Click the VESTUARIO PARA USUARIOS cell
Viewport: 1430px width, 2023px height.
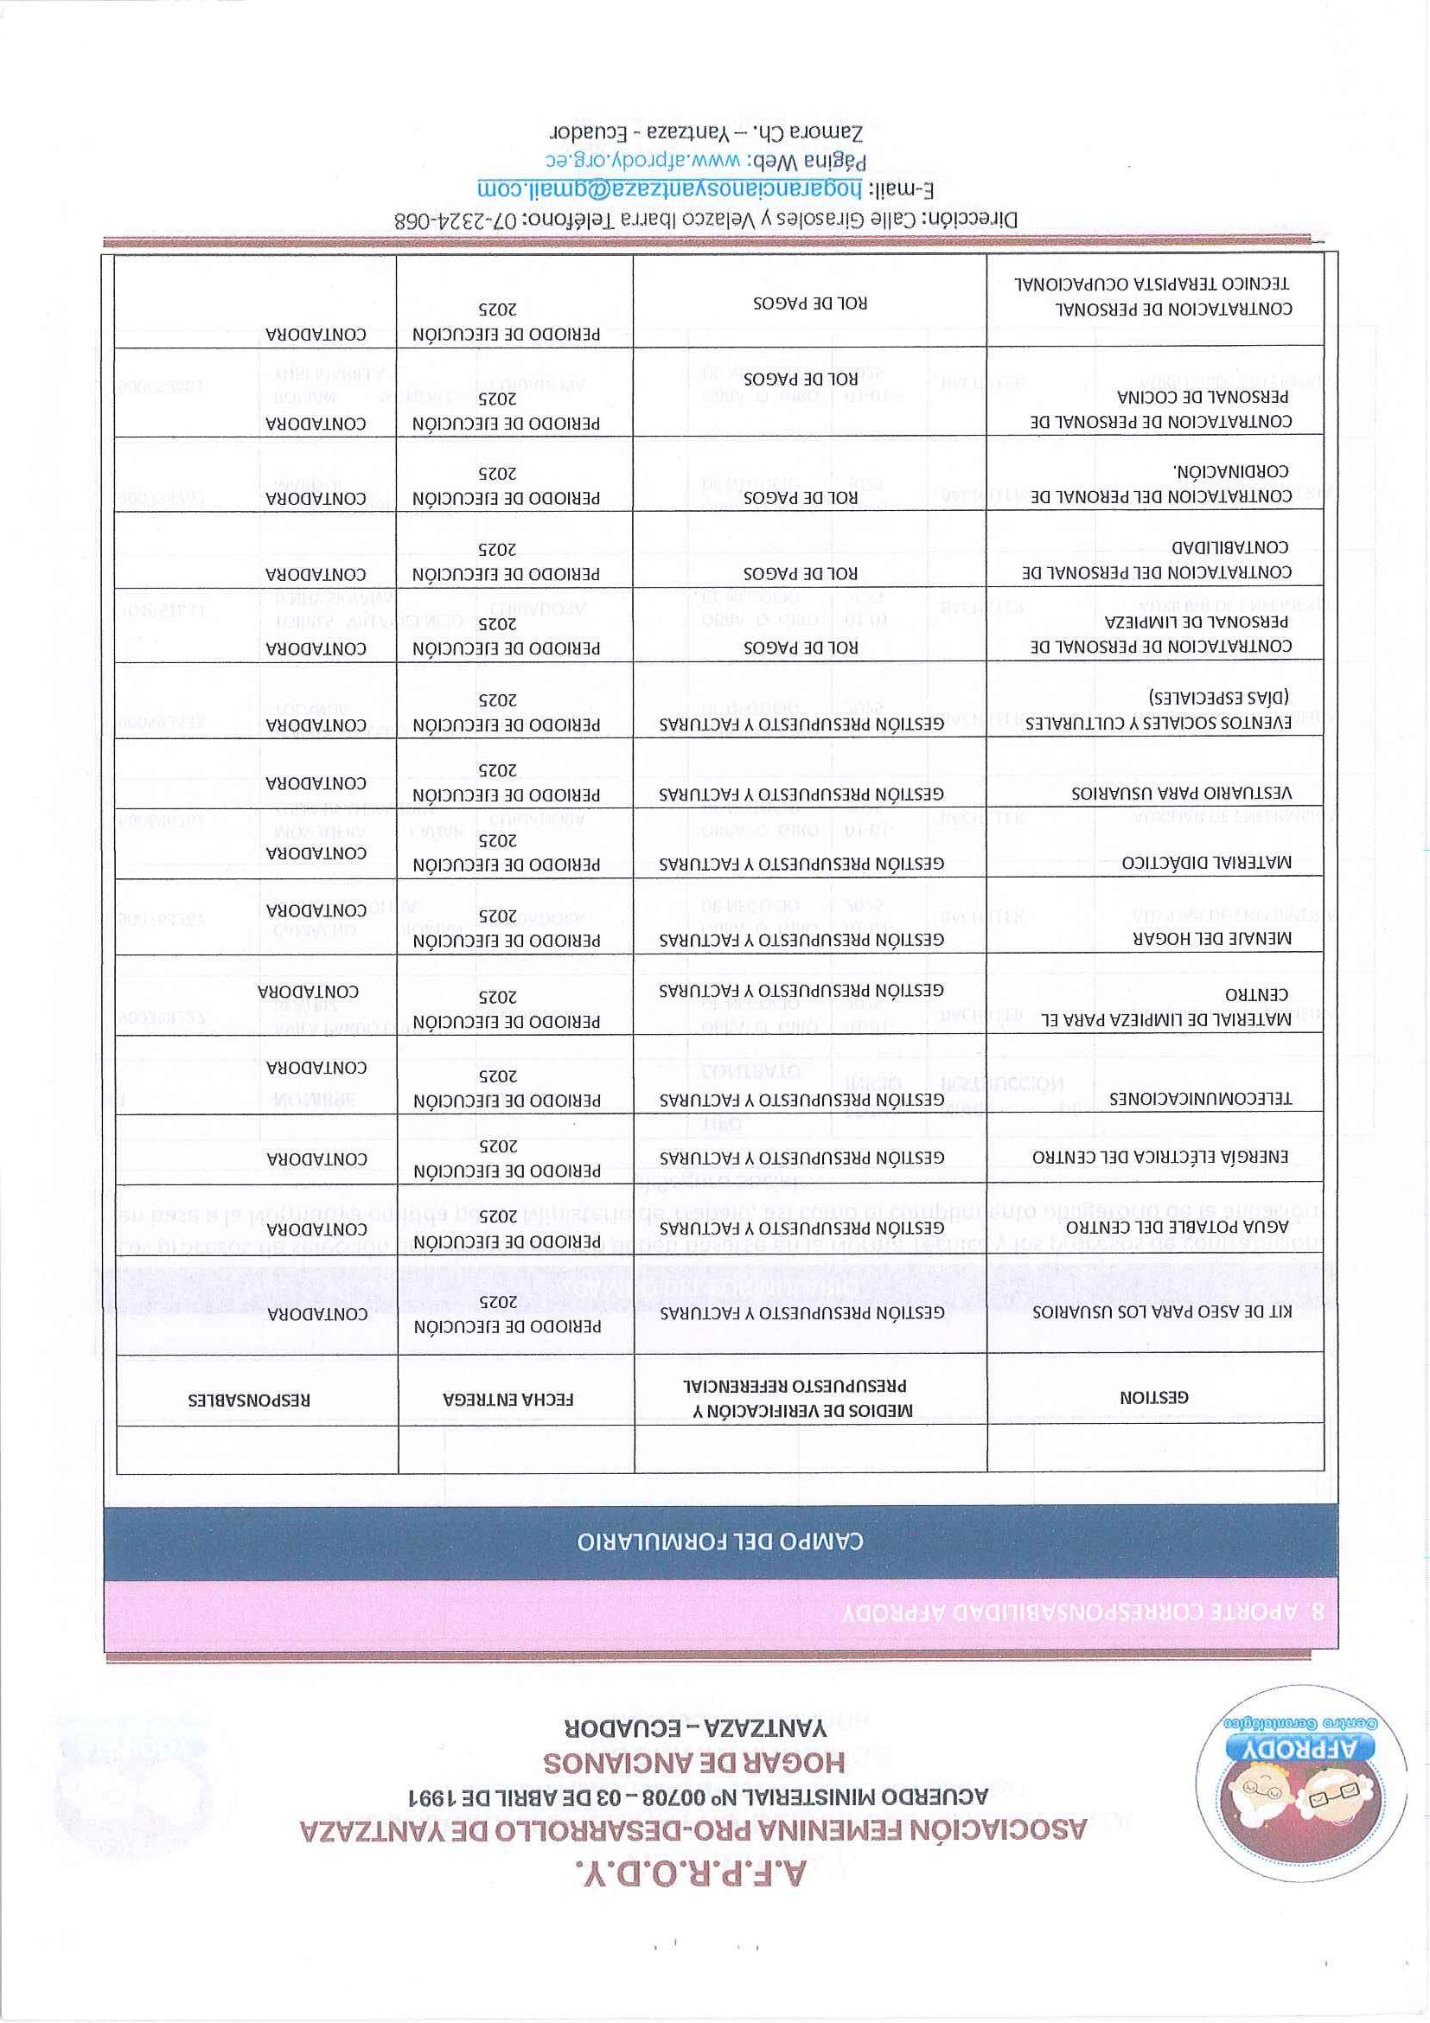tap(1181, 792)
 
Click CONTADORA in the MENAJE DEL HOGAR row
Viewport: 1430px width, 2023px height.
tap(316, 909)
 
